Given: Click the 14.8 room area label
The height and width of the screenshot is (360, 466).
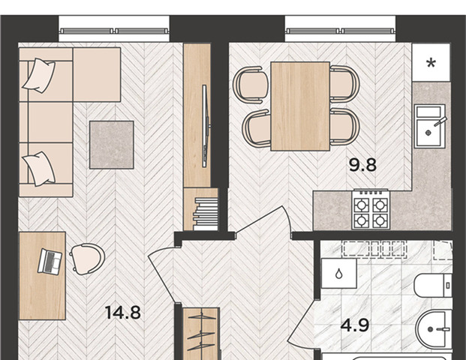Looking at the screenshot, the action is tap(123, 313).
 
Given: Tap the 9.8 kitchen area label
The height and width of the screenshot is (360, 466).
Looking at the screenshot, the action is tap(362, 165).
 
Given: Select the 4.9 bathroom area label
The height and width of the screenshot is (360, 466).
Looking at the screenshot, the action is tap(355, 325).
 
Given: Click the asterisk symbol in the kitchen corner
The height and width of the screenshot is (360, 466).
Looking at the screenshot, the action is tap(431, 63).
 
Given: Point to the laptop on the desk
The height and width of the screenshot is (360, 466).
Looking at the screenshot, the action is tap(50, 262).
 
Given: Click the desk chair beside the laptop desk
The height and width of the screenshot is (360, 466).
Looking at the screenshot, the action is tap(87, 259).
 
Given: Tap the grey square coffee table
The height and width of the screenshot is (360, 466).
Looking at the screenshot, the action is tap(112, 145).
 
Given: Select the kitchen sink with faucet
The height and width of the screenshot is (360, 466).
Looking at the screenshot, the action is tap(430, 126).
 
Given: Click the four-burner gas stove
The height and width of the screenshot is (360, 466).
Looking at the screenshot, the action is tap(371, 209).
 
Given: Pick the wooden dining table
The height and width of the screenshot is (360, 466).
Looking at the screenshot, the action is tap(300, 106).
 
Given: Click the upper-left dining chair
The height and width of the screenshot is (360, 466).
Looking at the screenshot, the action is tap(251, 85).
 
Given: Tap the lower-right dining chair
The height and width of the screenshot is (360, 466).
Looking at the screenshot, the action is tap(344, 127).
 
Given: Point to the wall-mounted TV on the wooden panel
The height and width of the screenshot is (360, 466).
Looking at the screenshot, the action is tap(206, 126).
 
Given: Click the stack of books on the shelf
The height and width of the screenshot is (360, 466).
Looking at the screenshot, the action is tap(206, 214).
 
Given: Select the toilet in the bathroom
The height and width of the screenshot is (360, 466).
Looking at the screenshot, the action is tap(433, 286).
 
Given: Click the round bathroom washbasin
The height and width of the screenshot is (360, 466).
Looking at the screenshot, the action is tap(434, 329).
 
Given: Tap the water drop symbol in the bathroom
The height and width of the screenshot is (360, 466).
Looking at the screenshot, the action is tap(338, 274).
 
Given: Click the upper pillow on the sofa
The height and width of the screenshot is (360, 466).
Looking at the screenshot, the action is tap(39, 76).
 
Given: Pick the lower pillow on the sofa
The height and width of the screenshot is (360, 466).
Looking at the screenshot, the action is tap(39, 169).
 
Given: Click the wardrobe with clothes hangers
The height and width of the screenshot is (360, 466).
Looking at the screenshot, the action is tap(202, 334).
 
